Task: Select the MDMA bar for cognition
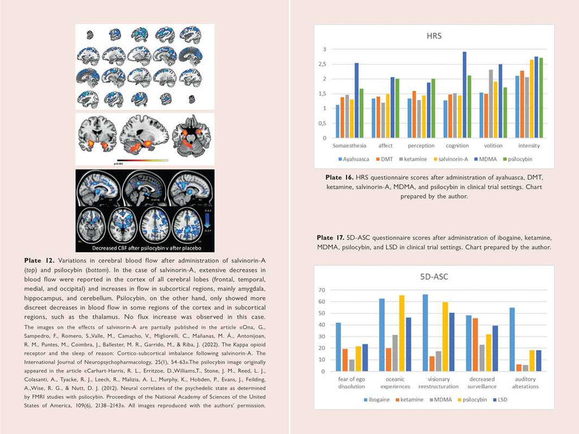(x=464, y=95)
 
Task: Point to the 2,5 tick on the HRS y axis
(x=325, y=64)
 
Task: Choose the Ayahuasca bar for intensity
(x=517, y=107)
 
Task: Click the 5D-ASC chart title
(x=434, y=277)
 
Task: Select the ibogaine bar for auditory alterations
(x=512, y=340)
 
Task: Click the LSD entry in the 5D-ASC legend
(x=500, y=400)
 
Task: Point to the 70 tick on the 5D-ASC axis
(x=323, y=290)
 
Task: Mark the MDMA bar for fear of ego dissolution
(x=352, y=366)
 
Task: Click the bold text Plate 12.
(x=39, y=261)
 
